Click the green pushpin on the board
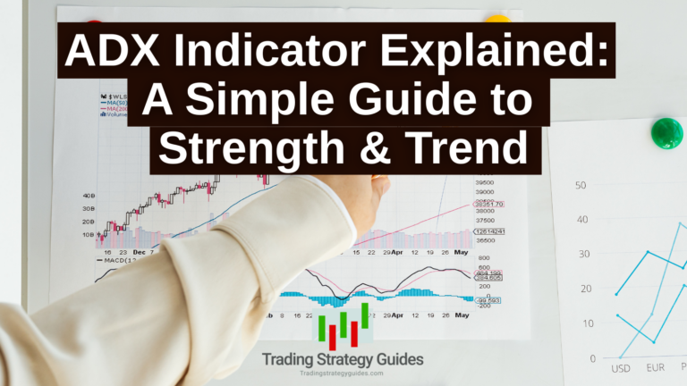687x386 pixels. tap(666, 133)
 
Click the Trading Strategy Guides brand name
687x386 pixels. tap(343, 359)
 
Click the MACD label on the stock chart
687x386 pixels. tap(113, 260)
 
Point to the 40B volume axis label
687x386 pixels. tap(89, 195)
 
